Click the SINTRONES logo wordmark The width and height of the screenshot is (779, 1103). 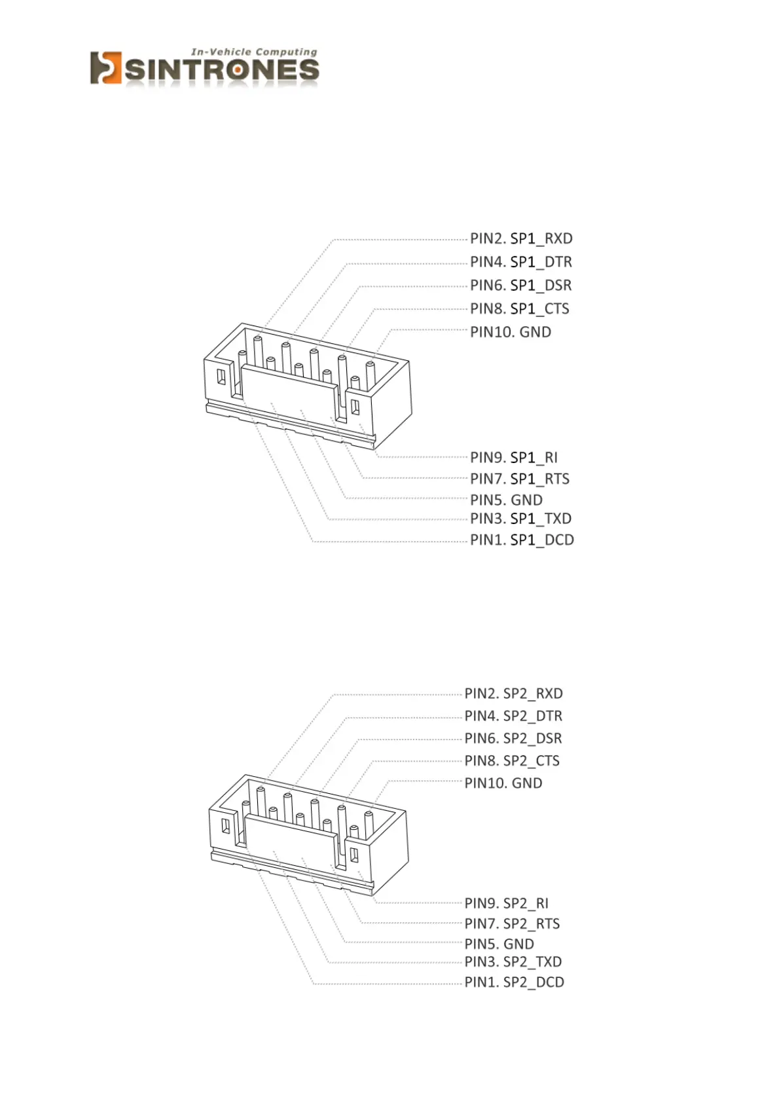click(221, 70)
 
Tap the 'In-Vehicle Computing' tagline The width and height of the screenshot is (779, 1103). click(254, 52)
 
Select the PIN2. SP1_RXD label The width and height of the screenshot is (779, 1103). click(521, 238)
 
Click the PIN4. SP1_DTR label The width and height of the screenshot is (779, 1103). click(521, 262)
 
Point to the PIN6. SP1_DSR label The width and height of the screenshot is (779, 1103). click(521, 286)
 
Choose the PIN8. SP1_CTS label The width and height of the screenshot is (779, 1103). click(520, 308)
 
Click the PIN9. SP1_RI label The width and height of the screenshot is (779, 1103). click(514, 457)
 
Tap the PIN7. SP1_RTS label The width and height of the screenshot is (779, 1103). click(520, 479)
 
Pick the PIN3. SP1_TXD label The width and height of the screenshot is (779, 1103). click(521, 519)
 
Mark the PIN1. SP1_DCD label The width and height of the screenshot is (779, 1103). click(522, 540)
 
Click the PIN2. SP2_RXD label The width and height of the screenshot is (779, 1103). click(514, 694)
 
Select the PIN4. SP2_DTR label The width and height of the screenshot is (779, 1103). click(514, 716)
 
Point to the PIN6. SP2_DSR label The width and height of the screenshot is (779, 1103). click(514, 738)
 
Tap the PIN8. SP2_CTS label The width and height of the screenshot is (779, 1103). click(513, 760)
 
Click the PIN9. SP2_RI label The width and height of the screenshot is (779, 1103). click(507, 903)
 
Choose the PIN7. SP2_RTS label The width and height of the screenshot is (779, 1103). click(513, 924)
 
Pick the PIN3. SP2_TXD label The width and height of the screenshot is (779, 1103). click(514, 962)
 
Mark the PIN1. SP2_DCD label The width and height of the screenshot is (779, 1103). click(515, 982)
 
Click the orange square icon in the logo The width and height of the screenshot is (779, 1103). click(105, 68)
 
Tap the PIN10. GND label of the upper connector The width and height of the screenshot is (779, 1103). click(511, 332)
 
